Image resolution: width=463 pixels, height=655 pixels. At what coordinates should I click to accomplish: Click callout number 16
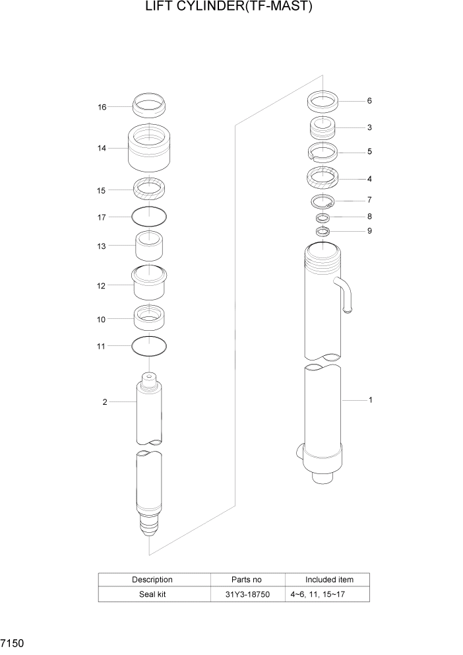pyautogui.click(x=102, y=106)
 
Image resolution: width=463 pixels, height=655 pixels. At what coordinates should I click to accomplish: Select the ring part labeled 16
pyautogui.click(x=150, y=104)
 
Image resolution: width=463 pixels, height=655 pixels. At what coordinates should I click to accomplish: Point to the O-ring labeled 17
pyautogui.click(x=149, y=216)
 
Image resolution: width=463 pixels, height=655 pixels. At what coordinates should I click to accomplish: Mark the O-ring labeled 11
pyautogui.click(x=149, y=345)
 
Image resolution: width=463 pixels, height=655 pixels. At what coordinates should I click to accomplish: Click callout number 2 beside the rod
pyautogui.click(x=104, y=402)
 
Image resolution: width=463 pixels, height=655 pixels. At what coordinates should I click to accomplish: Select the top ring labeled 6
pyautogui.click(x=323, y=101)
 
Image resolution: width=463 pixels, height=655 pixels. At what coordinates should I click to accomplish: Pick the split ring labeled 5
pyautogui.click(x=323, y=152)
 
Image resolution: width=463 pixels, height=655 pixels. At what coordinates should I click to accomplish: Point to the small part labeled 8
pyautogui.click(x=323, y=217)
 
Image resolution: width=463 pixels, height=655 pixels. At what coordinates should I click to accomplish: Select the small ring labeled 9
pyautogui.click(x=323, y=231)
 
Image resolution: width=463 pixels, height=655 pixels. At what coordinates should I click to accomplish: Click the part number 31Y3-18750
pyautogui.click(x=247, y=594)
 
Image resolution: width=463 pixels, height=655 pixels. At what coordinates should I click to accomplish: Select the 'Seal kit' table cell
pyautogui.click(x=152, y=594)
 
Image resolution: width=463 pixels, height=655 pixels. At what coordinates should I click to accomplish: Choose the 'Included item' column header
pyautogui.click(x=329, y=580)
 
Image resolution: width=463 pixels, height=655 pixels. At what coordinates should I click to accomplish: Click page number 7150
pyautogui.click(x=13, y=642)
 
